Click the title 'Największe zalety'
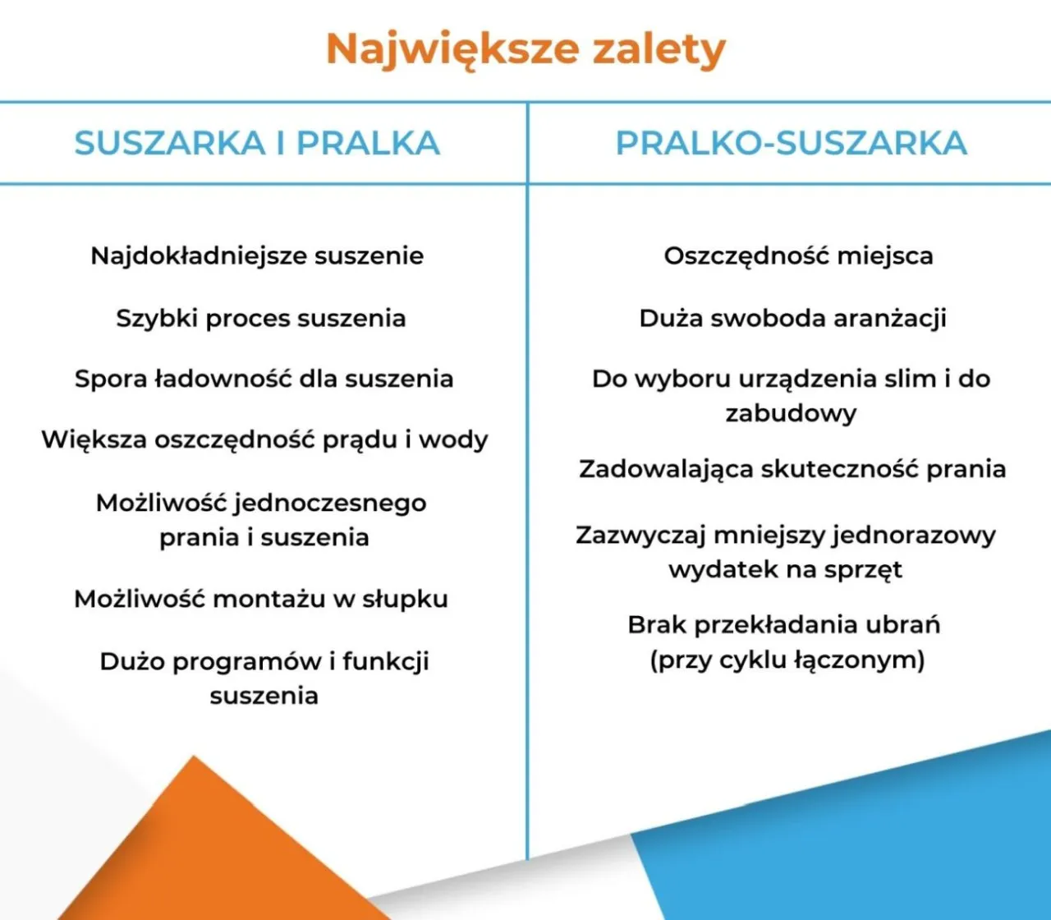(x=525, y=49)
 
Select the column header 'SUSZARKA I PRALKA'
(x=257, y=144)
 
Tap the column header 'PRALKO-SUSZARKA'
(x=791, y=144)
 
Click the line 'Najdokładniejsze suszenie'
(x=257, y=255)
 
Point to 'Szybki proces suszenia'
(x=261, y=318)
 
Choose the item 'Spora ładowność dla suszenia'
(x=264, y=379)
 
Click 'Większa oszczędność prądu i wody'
(x=264, y=439)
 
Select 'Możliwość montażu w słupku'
(x=261, y=599)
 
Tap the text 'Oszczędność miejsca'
(x=798, y=255)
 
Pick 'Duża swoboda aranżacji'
(x=792, y=318)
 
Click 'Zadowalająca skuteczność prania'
(x=792, y=469)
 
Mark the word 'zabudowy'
(x=791, y=413)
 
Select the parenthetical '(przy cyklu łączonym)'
(x=787, y=660)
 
